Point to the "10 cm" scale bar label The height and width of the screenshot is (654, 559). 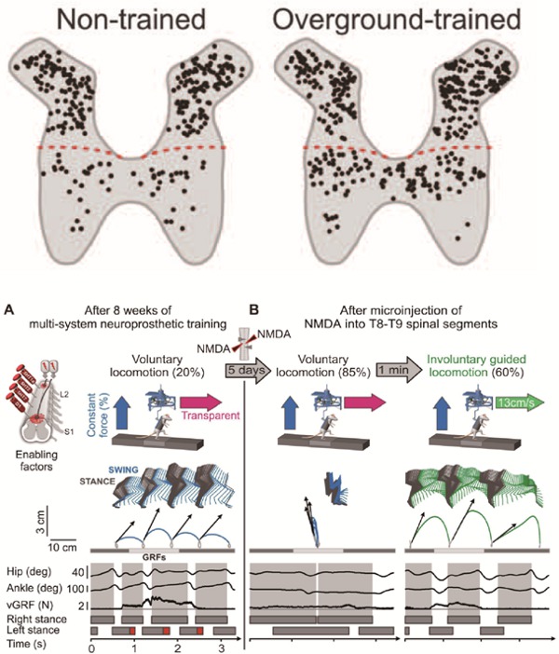62,545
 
